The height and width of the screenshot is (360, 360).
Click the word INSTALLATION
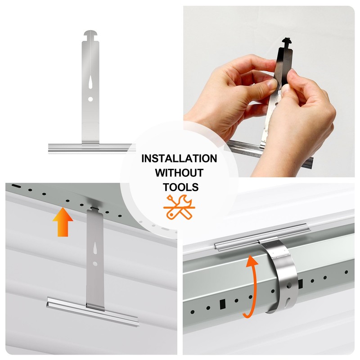(x=179, y=158)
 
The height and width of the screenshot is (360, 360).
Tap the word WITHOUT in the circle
(x=179, y=172)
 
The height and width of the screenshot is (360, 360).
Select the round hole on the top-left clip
(x=91, y=99)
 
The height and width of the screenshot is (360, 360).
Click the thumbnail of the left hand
(x=272, y=83)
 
